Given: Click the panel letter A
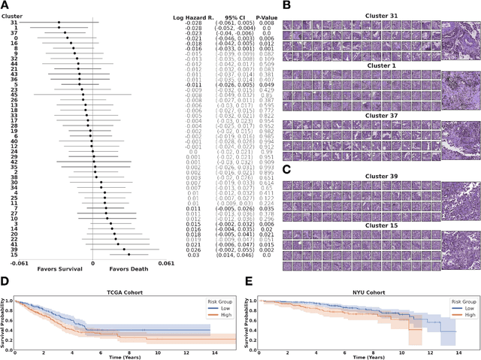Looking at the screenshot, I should click(x=6, y=5).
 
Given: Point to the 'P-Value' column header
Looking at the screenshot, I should click(x=259, y=15).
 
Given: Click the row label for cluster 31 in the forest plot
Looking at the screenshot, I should click(x=14, y=23).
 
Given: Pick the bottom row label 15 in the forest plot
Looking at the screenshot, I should click(x=14, y=255).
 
